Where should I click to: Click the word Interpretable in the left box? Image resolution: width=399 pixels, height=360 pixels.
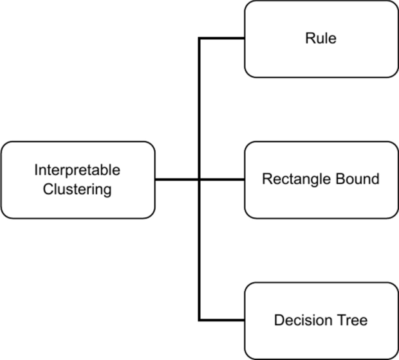click(77, 171)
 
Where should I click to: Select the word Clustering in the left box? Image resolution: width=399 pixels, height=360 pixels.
click(77, 190)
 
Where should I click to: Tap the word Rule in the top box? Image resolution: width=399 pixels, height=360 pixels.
click(320, 39)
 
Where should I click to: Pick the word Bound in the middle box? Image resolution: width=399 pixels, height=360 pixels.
click(358, 179)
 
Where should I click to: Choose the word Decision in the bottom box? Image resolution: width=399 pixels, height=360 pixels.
click(298, 319)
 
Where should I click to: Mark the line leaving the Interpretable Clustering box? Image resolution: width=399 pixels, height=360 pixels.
click(176, 179)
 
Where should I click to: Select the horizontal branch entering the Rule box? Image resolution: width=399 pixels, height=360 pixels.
click(222, 39)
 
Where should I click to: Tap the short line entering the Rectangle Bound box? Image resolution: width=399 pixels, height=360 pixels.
click(223, 179)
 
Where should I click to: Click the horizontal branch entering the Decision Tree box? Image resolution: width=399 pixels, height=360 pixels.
click(222, 319)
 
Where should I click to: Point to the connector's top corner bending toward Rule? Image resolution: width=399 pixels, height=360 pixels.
click(199, 39)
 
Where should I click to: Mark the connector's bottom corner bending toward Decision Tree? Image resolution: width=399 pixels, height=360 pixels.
click(199, 319)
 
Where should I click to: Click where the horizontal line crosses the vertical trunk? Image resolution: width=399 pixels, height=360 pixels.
click(199, 179)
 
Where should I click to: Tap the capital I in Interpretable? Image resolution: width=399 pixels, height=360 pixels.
click(36, 171)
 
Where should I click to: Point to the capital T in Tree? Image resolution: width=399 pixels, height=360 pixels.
click(344, 319)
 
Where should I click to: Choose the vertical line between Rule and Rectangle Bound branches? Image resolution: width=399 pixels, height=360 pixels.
click(199, 109)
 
